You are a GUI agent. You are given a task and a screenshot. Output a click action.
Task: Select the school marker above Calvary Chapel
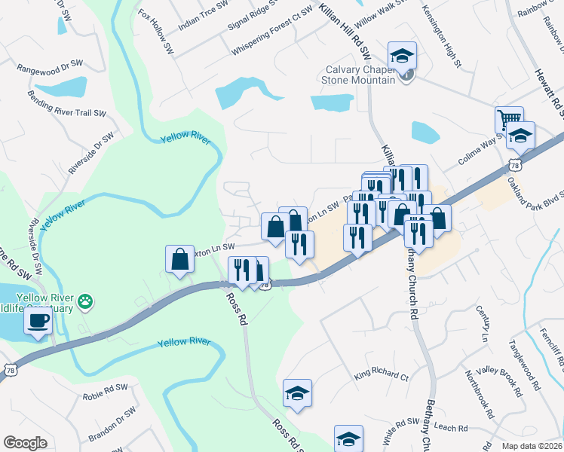point(403,54)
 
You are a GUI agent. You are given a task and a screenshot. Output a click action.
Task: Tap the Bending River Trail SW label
point(66,105)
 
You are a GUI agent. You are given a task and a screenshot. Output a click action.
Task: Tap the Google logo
point(26,442)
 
